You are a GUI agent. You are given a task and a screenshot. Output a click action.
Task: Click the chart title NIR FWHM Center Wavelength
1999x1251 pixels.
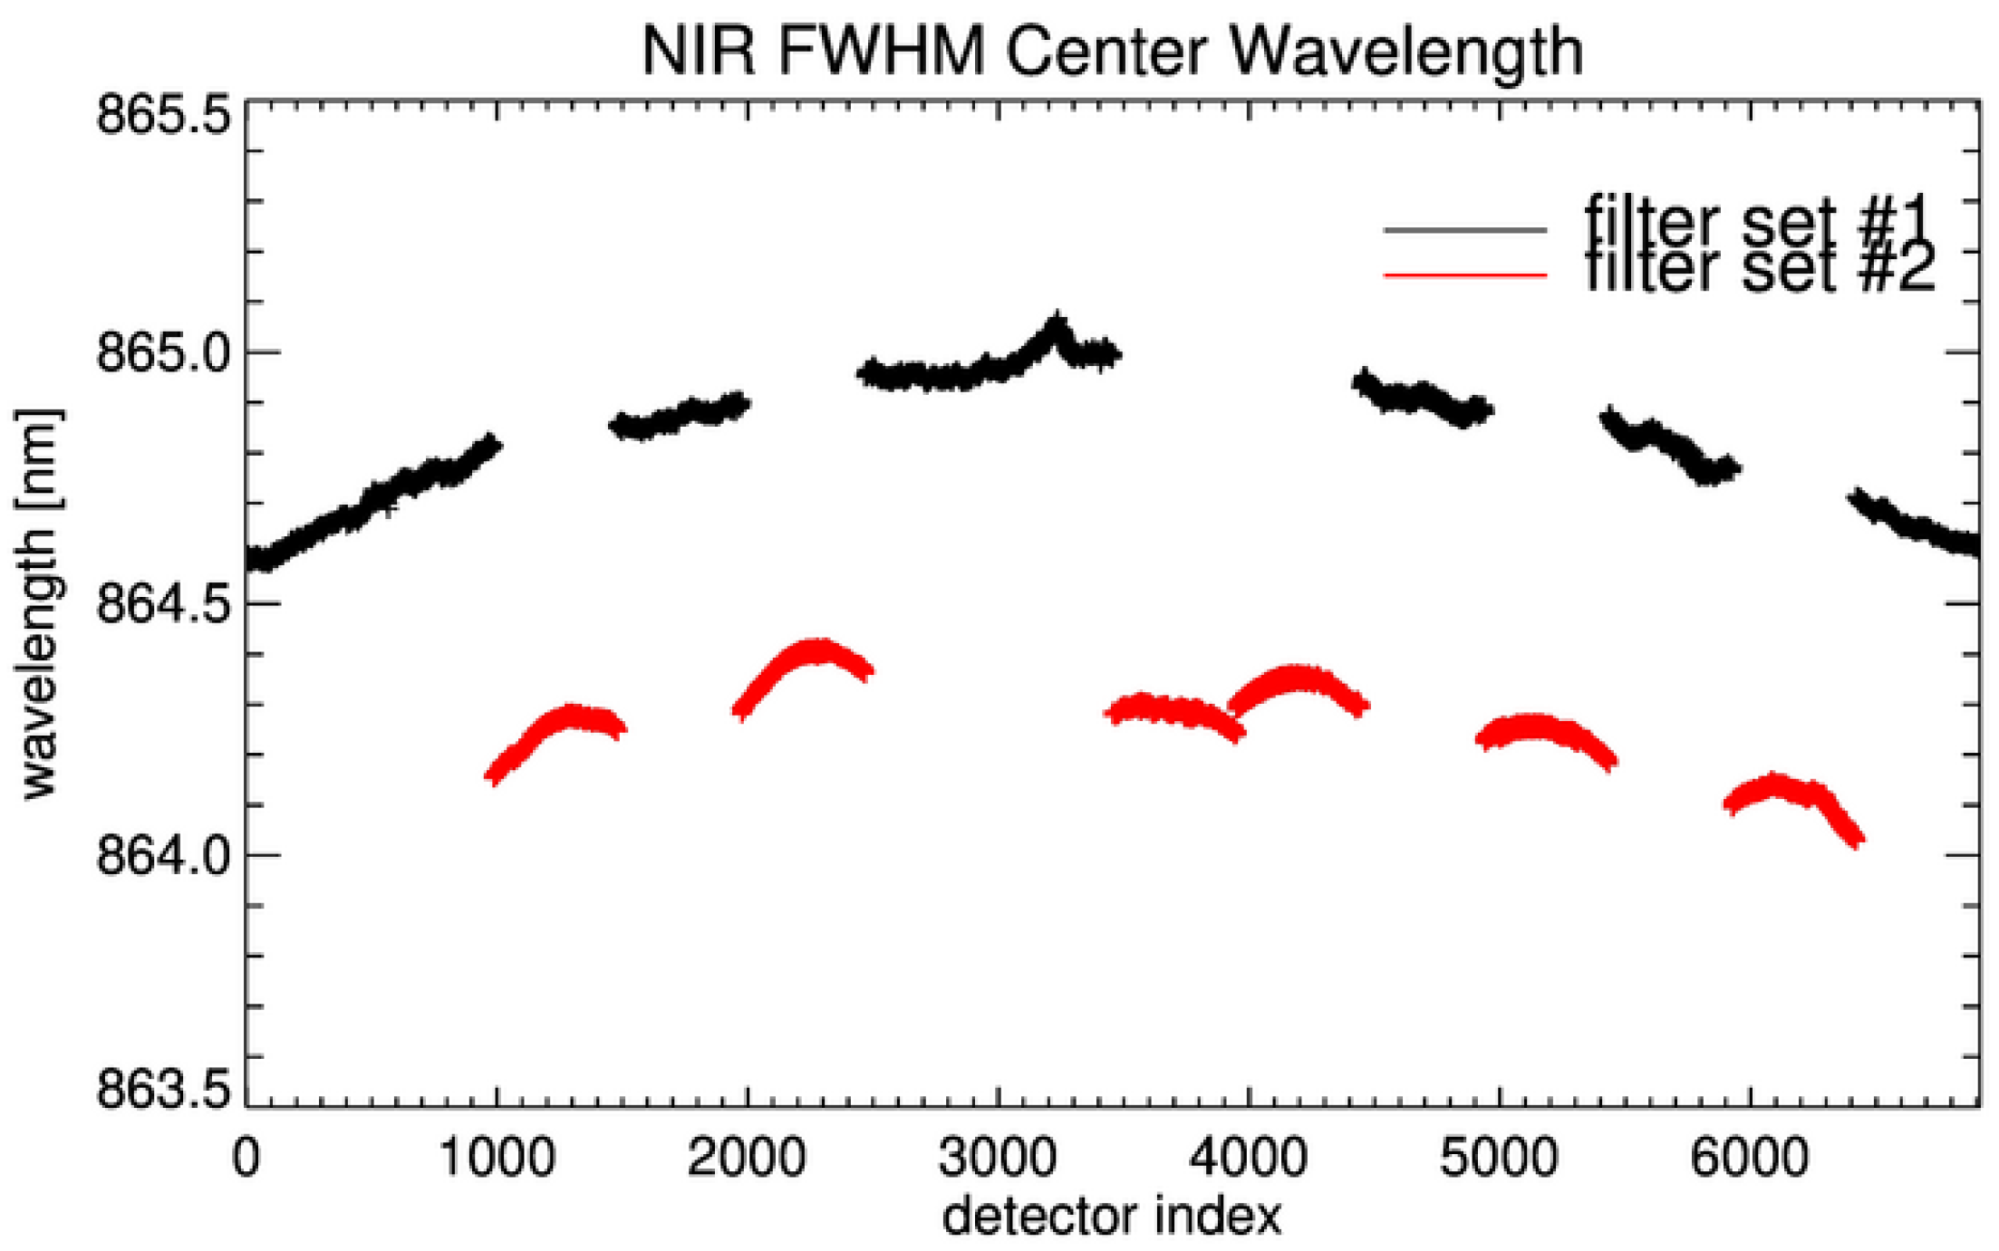pyautogui.click(x=1112, y=51)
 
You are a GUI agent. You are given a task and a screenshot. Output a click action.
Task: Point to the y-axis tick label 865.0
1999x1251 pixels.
pyautogui.click(x=162, y=352)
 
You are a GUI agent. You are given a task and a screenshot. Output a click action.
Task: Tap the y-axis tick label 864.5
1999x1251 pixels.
pyautogui.click(x=162, y=604)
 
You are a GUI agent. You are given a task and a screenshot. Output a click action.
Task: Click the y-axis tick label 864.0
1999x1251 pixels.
pyautogui.click(x=162, y=855)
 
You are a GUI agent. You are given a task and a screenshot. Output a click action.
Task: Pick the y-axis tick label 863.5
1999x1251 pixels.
pyautogui.click(x=162, y=1091)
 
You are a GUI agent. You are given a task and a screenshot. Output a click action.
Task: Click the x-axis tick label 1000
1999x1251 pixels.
pyautogui.click(x=497, y=1159)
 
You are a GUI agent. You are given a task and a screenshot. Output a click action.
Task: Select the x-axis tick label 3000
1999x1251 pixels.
pyautogui.click(x=998, y=1159)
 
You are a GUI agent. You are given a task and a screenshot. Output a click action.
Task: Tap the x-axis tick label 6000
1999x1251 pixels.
pyautogui.click(x=1750, y=1159)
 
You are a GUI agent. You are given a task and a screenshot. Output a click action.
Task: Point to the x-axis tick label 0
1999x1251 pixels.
pyautogui.click(x=246, y=1159)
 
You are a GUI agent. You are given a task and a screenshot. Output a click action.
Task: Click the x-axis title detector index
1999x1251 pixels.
pyautogui.click(x=1112, y=1217)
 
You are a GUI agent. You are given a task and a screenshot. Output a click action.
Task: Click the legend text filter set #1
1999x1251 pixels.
pyautogui.click(x=1759, y=221)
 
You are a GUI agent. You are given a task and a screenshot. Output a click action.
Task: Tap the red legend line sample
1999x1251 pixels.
pyautogui.click(x=1464, y=274)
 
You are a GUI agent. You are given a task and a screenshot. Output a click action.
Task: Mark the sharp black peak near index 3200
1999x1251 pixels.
pyautogui.click(x=1055, y=323)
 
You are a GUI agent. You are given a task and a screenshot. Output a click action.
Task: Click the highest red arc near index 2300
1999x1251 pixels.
pyautogui.click(x=816, y=651)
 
